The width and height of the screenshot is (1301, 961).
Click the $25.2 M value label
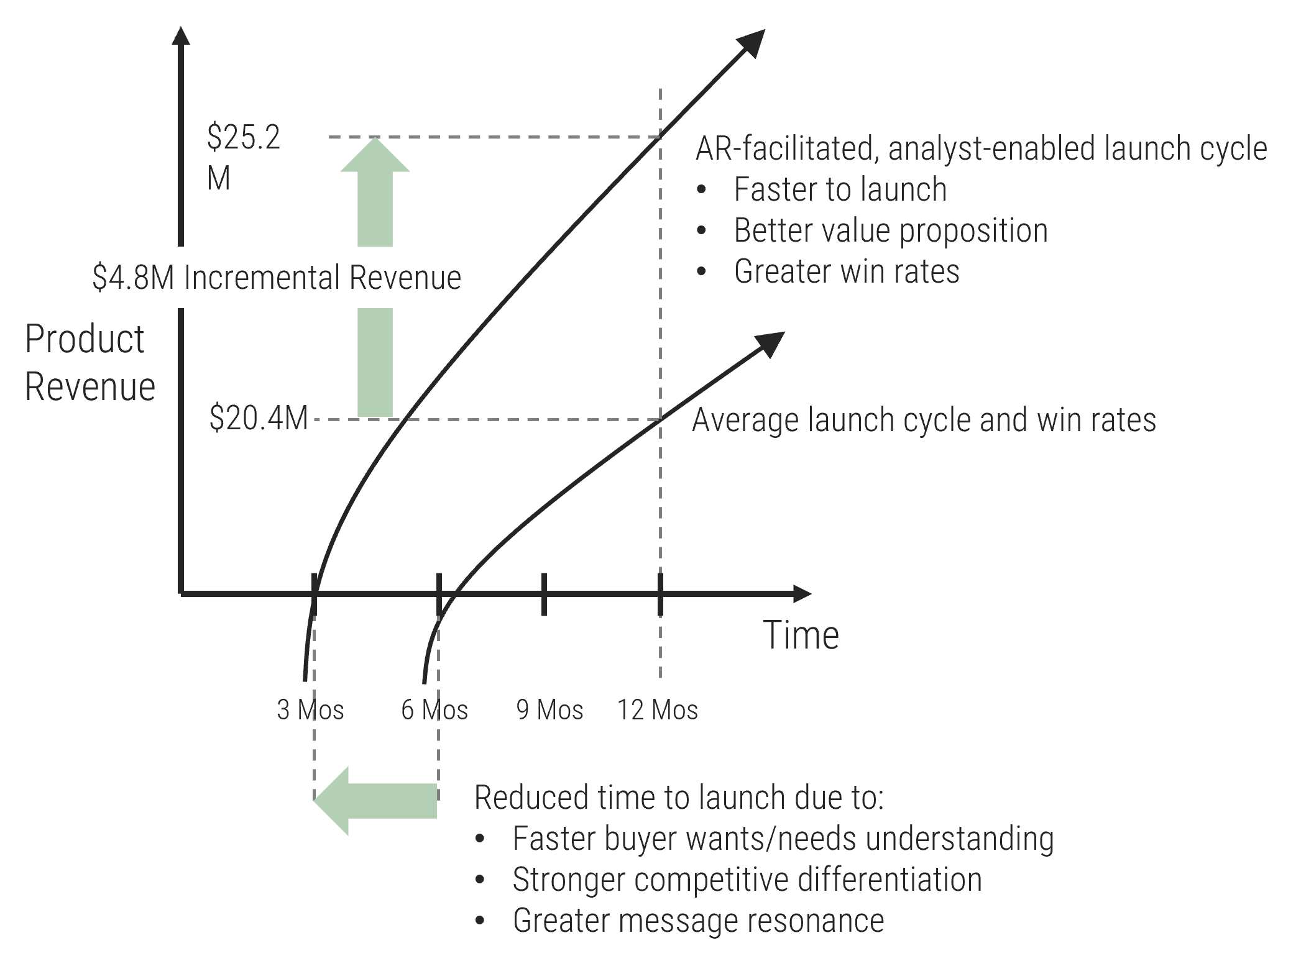254,138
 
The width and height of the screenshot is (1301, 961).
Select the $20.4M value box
258,418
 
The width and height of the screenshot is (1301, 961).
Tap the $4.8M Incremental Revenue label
272,277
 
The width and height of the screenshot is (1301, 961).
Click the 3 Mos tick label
310,709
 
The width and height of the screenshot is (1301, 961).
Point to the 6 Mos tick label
434,709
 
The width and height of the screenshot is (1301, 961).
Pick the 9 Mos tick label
549,709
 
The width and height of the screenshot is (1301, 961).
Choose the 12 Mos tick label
658,709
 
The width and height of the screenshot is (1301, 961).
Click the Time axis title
801,635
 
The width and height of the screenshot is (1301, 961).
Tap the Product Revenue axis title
89,363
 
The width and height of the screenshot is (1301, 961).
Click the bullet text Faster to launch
840,189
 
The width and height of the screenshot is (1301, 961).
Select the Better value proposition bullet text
890,230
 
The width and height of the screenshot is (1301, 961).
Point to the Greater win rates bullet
846,271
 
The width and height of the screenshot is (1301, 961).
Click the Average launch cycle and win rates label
924,420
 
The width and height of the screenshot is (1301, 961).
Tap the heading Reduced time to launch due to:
679,798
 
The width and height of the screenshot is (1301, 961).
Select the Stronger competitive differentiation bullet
747,880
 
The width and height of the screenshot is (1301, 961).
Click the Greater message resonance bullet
698,921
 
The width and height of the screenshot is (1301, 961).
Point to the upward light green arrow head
375,155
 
